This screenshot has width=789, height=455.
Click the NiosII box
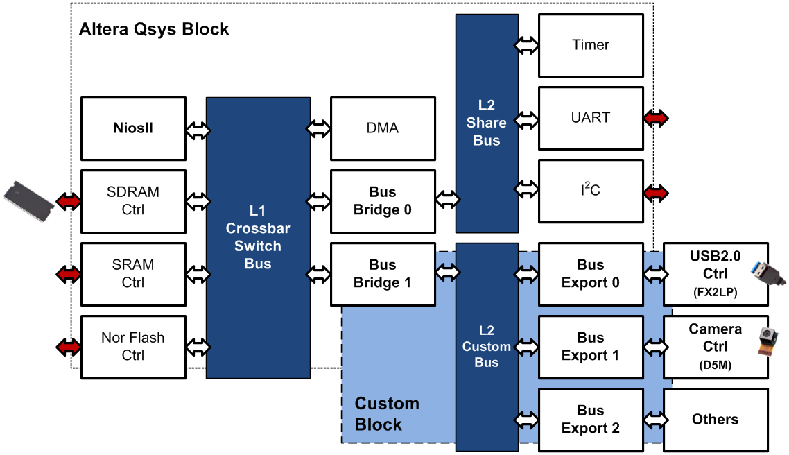point(133,129)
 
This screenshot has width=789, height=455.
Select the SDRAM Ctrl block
point(133,201)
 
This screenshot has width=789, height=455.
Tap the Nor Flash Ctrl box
point(133,347)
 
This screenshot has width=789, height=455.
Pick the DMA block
point(383,129)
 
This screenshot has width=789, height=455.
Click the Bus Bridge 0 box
point(383,201)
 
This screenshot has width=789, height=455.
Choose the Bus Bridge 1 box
point(383,274)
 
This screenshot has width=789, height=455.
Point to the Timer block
point(591,46)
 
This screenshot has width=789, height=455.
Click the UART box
point(591,118)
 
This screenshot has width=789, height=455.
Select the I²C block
point(591,191)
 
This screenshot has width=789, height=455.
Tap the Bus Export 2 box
point(591,420)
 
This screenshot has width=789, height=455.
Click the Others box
point(716,420)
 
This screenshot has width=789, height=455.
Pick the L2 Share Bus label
point(487,123)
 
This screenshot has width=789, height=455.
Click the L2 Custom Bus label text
point(487,346)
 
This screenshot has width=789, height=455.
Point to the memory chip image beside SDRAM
point(28,200)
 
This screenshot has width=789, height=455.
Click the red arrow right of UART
point(656,119)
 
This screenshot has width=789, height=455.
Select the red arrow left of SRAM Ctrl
point(69,274)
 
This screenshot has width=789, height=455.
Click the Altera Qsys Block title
point(154,30)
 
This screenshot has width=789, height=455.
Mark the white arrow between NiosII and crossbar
point(197,129)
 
